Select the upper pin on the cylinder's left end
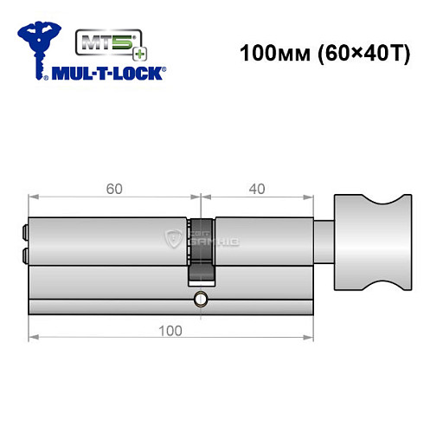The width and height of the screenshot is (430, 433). pos(23,232)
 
